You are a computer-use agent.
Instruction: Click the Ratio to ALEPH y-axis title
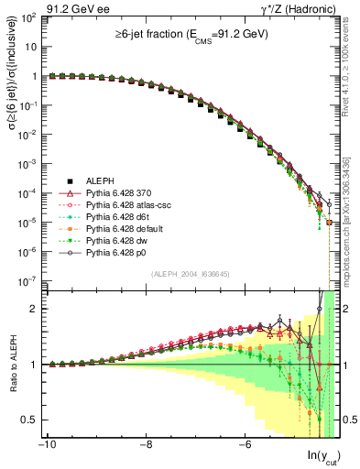tap(12, 366)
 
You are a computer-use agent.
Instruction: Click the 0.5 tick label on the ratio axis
tap(31, 420)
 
